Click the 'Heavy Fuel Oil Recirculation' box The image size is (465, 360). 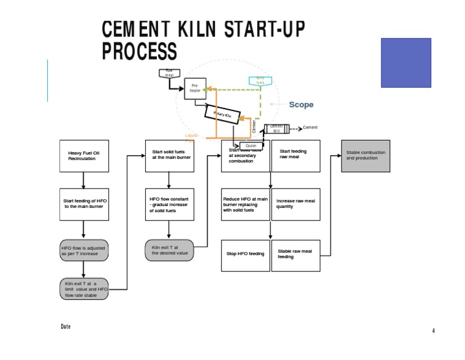pyautogui.click(x=84, y=156)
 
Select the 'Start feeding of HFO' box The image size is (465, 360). pyautogui.click(x=84, y=204)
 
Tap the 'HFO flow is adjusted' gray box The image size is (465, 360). pyautogui.click(x=84, y=251)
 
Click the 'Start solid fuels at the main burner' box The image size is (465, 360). pyautogui.click(x=170, y=156)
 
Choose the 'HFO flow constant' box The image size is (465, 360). pyautogui.click(x=170, y=204)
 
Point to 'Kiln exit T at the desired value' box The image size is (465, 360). pyautogui.click(x=170, y=250)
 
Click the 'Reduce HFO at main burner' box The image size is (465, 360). pyautogui.click(x=245, y=204)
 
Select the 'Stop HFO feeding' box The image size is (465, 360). pyautogui.click(x=245, y=253)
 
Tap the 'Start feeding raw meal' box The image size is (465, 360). pyautogui.click(x=295, y=156)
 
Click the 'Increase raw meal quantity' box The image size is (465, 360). pyautogui.click(x=295, y=204)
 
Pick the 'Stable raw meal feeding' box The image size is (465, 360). pyautogui.click(x=295, y=253)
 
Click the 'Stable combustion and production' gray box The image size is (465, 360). pyautogui.click(x=366, y=155)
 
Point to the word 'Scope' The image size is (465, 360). pyautogui.click(x=301, y=105)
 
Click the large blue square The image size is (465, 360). pyautogui.click(x=406, y=63)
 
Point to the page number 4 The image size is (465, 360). pyautogui.click(x=434, y=330)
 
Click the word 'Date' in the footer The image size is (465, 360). pyautogui.click(x=65, y=327)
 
